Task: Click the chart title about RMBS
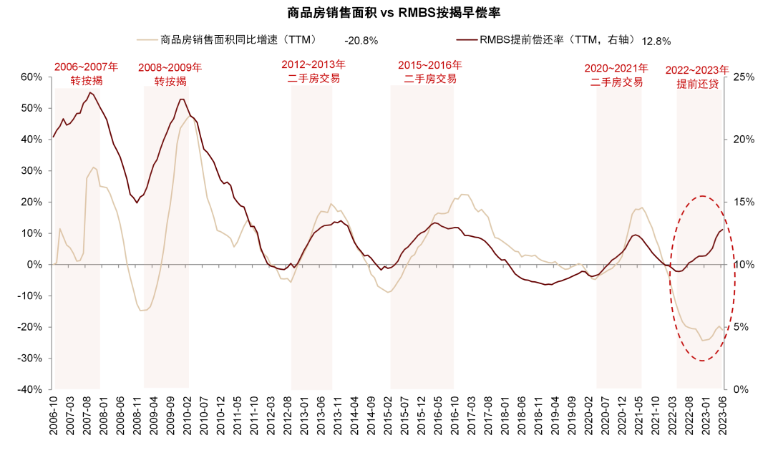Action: point(394,13)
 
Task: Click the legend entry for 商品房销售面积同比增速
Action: point(228,39)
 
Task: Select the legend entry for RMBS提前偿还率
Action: point(545,39)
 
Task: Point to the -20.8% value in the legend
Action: point(361,41)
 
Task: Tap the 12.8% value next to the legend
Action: point(656,42)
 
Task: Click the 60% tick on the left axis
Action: point(31,77)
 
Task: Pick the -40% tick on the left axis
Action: point(29,389)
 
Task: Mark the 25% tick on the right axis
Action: point(744,77)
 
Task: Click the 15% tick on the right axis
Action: point(744,202)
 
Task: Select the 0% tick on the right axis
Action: point(741,389)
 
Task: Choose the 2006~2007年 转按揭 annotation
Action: point(87,74)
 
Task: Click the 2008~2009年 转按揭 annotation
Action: point(170,74)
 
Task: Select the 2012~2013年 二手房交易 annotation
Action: point(313,72)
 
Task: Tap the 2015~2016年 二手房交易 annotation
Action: point(430,72)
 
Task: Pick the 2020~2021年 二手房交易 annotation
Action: point(616,75)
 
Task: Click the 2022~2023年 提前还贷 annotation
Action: point(697,77)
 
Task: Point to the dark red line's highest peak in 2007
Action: point(89,92)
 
